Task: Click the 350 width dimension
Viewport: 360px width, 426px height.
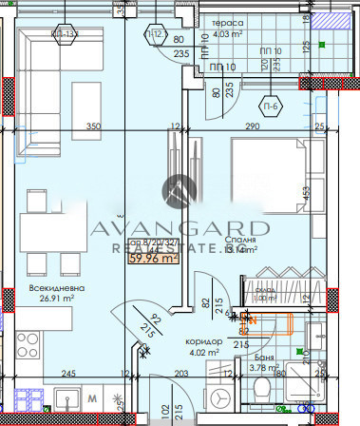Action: tap(93, 126)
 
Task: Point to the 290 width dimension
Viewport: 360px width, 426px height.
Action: tap(254, 126)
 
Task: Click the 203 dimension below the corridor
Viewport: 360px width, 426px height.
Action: tap(182, 375)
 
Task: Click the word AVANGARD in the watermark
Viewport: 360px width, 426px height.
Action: tap(180, 228)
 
